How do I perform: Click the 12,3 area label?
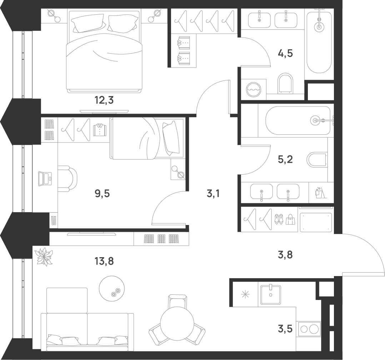click(x=104, y=100)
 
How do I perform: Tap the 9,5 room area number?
click(x=102, y=194)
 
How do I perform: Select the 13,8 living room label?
click(x=104, y=261)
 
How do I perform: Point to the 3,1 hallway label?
click(x=213, y=194)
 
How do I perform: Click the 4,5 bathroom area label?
click(x=285, y=53)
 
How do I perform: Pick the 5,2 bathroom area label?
click(x=285, y=160)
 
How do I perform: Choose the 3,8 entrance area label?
click(x=285, y=255)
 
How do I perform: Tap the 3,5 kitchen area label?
click(x=285, y=329)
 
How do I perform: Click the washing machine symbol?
click(x=254, y=90)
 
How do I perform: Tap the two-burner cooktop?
click(x=309, y=329)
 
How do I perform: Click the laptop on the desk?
click(x=45, y=179)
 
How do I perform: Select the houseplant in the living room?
click(x=44, y=257)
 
